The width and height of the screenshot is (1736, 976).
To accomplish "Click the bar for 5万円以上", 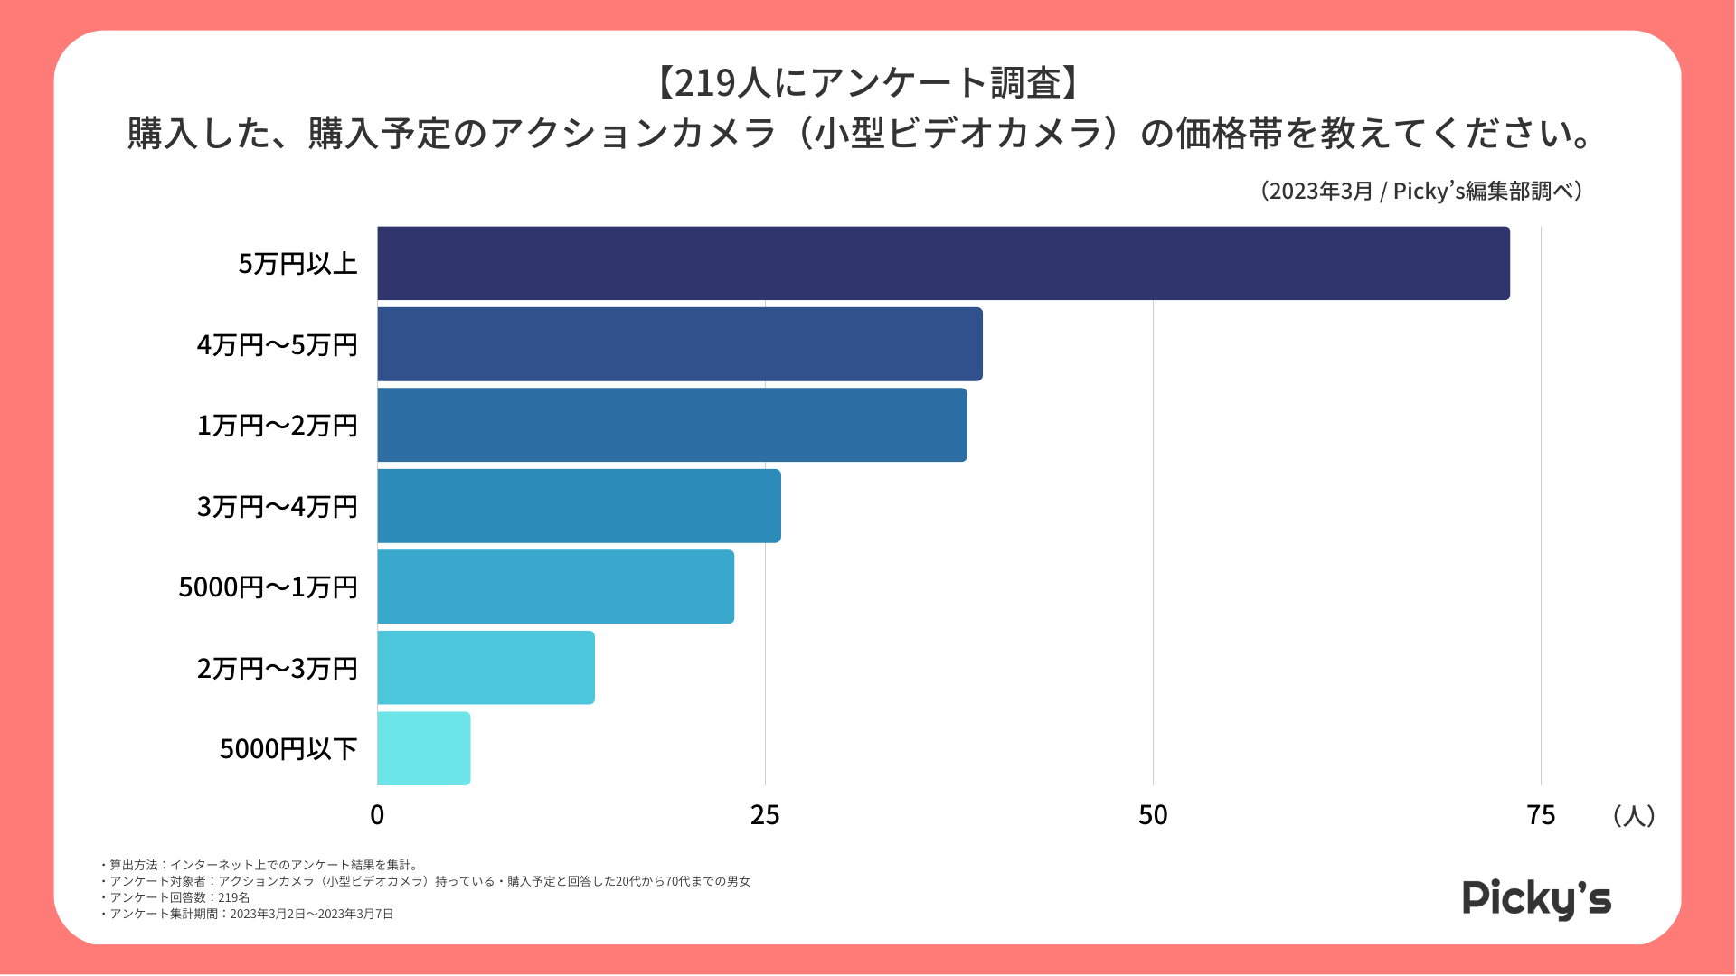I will pyautogui.click(x=943, y=263).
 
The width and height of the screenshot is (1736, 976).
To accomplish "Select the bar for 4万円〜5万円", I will pyautogui.click(x=680, y=344).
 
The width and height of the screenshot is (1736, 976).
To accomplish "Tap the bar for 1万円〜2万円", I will pyautogui.click(x=672, y=425).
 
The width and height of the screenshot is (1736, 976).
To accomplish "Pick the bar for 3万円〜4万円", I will pyautogui.click(x=579, y=506).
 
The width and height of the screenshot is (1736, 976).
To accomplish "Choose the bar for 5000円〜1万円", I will pyautogui.click(x=555, y=587).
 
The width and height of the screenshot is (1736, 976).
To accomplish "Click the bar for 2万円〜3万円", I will pyautogui.click(x=486, y=668).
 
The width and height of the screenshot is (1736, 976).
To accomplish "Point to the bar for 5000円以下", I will pyautogui.click(x=423, y=748).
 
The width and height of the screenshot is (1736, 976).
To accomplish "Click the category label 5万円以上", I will pyautogui.click(x=298, y=264).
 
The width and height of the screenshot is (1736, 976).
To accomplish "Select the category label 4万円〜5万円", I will pyautogui.click(x=278, y=345).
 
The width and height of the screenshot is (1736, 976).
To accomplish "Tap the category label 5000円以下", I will pyautogui.click(x=288, y=749).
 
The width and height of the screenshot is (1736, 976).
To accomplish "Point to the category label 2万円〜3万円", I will pyautogui.click(x=278, y=669).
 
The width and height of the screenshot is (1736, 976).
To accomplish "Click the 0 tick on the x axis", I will pyautogui.click(x=377, y=815).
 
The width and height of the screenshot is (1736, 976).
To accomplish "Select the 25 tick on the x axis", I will pyautogui.click(x=765, y=815).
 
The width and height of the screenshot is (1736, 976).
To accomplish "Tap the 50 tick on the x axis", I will pyautogui.click(x=1153, y=815).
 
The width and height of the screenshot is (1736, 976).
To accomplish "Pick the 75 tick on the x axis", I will pyautogui.click(x=1541, y=815).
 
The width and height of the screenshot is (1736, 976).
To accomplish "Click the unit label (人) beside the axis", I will pyautogui.click(x=1634, y=815).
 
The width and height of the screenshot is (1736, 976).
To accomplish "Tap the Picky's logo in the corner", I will pyautogui.click(x=1536, y=898).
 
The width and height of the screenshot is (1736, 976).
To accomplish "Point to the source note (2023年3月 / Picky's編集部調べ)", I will pyautogui.click(x=1420, y=192).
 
